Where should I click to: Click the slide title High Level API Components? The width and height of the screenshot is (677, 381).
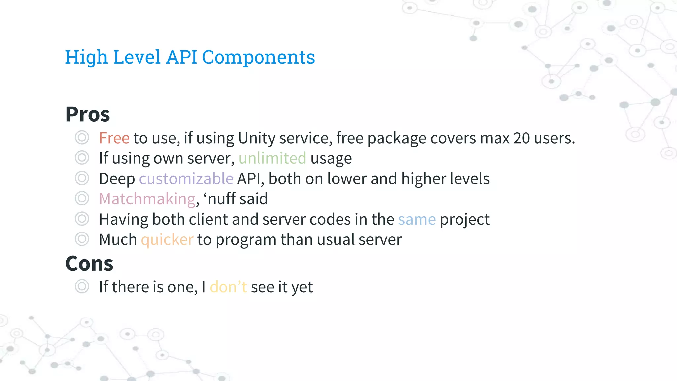pos(190,57)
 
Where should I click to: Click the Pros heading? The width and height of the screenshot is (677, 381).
pos(88,114)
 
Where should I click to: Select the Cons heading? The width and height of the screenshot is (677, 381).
pos(89,264)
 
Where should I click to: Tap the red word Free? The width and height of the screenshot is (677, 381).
pos(114,138)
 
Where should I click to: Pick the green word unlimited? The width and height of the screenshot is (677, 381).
pos(272,158)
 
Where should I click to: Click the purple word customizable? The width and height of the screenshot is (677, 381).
pos(186,179)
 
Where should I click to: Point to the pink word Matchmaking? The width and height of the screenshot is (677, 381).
pos(147,199)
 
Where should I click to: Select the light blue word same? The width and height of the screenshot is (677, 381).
pos(417,220)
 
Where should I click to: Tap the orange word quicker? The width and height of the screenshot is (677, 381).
pos(167,240)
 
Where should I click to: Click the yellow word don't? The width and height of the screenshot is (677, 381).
pos(228,287)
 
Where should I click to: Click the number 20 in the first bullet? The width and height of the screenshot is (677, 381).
pos(521,138)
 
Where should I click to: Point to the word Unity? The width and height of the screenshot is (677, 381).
pos(256,138)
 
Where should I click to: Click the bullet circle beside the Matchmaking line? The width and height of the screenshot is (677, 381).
pos(82,199)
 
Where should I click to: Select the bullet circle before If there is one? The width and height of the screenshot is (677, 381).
pos(82,286)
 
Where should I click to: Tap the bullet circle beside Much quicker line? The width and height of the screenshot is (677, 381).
pos(82,239)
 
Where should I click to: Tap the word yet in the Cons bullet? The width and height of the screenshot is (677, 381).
pos(302,287)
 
